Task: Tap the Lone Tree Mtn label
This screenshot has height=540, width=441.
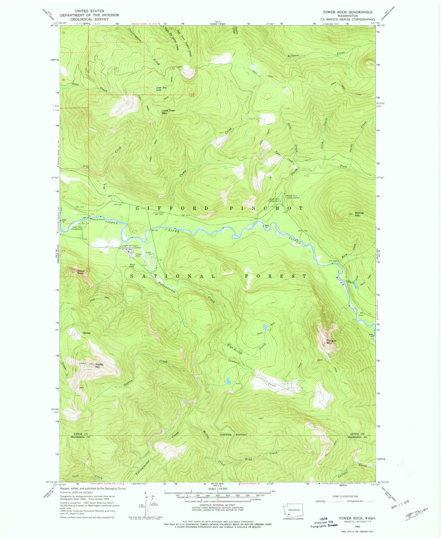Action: tap(168, 112)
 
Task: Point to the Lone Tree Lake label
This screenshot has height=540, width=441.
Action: tap(162, 89)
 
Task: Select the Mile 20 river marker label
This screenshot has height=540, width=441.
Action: tap(267, 226)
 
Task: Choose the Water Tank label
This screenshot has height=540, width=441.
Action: tap(132, 266)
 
